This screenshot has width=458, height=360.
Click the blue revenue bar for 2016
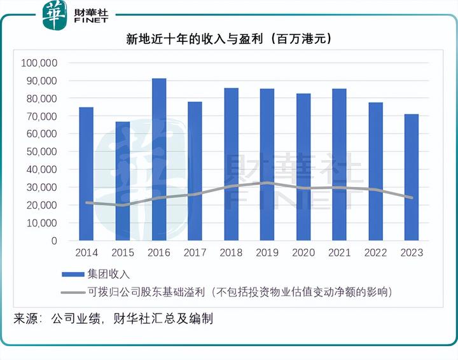(x=159, y=160)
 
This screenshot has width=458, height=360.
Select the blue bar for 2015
(x=123, y=181)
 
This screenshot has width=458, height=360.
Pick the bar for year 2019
(x=267, y=165)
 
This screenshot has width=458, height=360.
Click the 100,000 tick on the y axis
(x=39, y=63)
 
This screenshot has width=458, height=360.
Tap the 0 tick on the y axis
(x=54, y=241)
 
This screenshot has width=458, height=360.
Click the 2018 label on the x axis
(x=231, y=253)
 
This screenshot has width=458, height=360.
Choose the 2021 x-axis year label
(x=340, y=253)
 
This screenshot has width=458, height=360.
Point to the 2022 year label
(x=376, y=253)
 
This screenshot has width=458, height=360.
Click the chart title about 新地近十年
(x=229, y=39)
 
